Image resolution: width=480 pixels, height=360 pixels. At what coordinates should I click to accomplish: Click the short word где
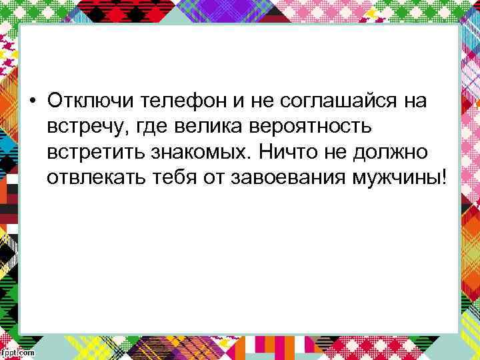pos(149,127)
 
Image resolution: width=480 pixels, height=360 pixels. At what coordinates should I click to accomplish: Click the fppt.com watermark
pos(18,353)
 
